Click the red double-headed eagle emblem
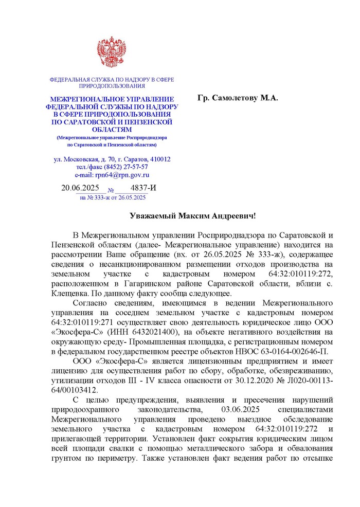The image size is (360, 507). pos(112,53)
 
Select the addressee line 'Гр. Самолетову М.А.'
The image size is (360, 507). pos(238,98)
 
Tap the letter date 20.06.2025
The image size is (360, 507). pos(80,188)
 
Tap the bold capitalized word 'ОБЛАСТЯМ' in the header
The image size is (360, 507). pos(112,130)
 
